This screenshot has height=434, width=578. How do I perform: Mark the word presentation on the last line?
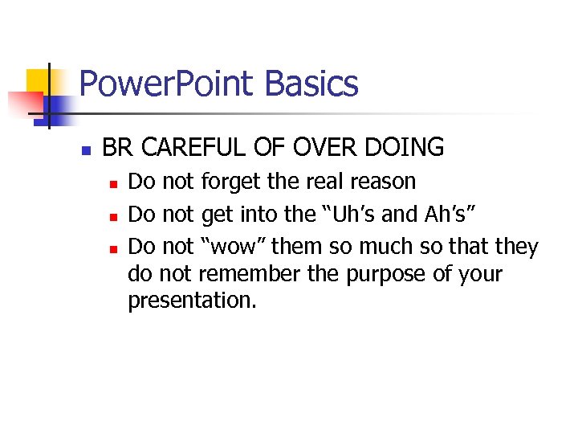coord(191,302)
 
